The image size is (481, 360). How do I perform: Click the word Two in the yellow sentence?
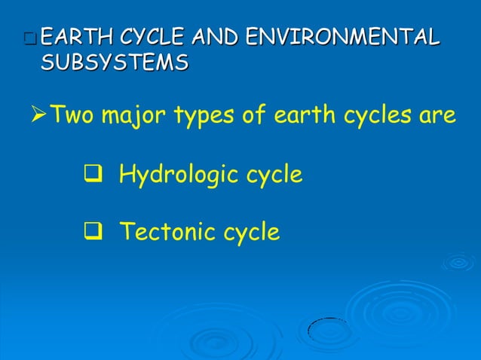[69, 116]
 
